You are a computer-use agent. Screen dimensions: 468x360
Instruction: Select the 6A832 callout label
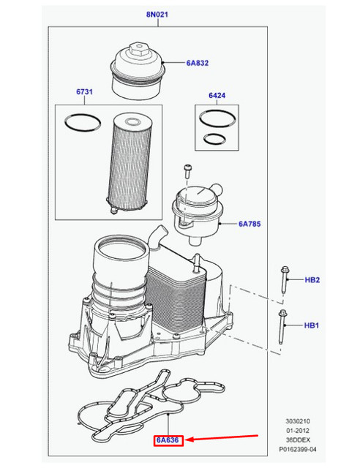198,64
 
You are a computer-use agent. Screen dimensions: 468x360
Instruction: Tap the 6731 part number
85,92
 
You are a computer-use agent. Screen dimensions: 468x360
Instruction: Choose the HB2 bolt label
312,279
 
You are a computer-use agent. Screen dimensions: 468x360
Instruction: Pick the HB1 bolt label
312,325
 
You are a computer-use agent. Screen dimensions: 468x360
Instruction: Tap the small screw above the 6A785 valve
188,170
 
